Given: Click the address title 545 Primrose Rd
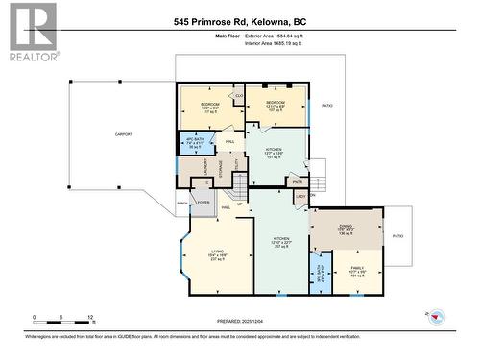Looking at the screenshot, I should [x=239, y=20].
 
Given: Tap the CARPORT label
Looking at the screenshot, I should [x=123, y=134].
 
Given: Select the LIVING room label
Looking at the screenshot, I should [x=218, y=251].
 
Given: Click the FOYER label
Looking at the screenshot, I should [x=204, y=203].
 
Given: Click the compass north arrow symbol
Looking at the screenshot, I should [x=435, y=315].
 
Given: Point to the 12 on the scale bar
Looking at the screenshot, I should [x=90, y=316].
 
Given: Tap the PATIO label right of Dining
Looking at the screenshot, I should [x=397, y=235].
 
